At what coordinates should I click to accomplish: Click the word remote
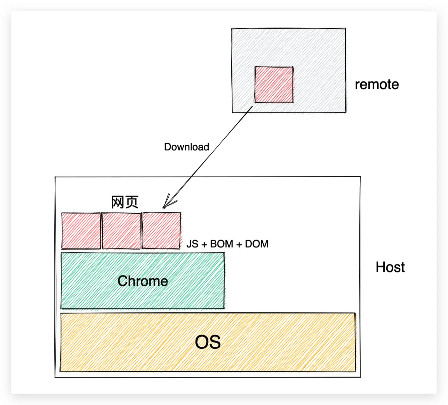click(x=377, y=85)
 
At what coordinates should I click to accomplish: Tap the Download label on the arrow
click(x=186, y=147)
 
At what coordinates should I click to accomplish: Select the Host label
click(x=390, y=267)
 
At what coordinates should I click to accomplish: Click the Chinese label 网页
click(x=125, y=202)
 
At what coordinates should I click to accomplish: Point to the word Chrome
click(x=143, y=281)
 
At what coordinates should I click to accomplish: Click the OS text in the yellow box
click(x=208, y=342)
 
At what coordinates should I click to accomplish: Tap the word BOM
click(x=221, y=244)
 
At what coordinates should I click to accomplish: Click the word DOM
click(x=257, y=244)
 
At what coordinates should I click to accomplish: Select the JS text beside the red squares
click(x=192, y=244)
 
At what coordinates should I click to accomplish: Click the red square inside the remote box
click(x=274, y=85)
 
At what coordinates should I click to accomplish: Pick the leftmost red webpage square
click(x=81, y=231)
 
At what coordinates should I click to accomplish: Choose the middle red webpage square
click(x=121, y=231)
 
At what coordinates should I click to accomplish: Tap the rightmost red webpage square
click(x=161, y=231)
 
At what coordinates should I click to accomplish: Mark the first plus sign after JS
click(x=204, y=244)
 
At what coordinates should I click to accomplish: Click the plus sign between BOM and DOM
click(x=239, y=244)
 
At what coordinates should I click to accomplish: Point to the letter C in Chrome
click(x=123, y=281)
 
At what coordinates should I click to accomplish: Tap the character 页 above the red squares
click(x=132, y=202)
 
